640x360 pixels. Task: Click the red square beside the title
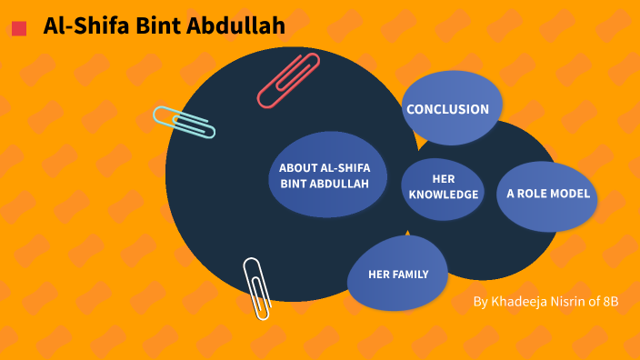(19, 29)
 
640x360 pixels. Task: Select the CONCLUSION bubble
(448, 109)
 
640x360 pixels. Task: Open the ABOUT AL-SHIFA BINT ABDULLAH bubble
(325, 175)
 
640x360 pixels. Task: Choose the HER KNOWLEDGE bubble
(443, 187)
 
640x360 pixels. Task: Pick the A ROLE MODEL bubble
(548, 194)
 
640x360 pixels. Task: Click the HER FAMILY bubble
(398, 275)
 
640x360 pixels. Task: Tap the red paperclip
(289, 80)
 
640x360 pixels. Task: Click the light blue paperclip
(184, 122)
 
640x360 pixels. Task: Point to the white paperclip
(257, 287)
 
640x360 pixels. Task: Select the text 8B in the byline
(610, 302)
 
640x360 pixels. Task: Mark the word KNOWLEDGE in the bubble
(443, 195)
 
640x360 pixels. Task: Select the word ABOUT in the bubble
(297, 168)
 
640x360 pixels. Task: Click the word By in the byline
(481, 302)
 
